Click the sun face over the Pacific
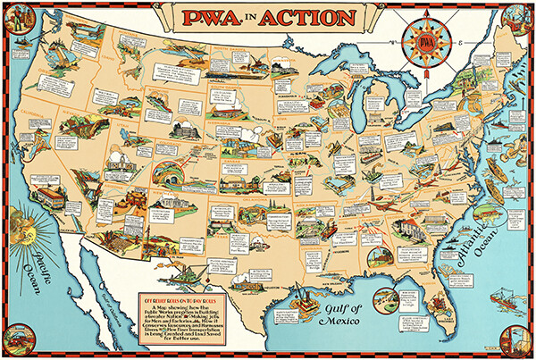26,221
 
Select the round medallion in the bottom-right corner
517,341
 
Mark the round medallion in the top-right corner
517,19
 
